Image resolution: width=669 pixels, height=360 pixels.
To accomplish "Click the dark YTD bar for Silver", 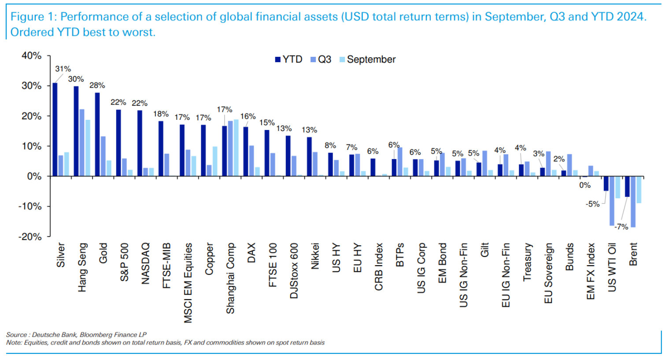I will pos(55,130).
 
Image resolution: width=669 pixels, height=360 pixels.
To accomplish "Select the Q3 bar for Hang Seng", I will pos(82,143).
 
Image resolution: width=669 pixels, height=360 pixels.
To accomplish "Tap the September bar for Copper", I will pos(215,161).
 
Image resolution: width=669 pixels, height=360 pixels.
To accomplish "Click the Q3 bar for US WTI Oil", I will pos(612,201).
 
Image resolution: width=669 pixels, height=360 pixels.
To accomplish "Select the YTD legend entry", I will pos(288,59).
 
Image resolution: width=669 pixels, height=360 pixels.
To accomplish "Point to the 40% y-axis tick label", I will pos(31,56).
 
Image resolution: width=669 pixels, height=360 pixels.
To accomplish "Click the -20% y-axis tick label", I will pos(30,237).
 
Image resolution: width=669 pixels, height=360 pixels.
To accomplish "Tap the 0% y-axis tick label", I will pos(34,176).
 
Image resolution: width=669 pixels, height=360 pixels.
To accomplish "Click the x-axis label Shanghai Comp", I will pos(230,278).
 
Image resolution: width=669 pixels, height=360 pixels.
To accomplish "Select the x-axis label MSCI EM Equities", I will pos(188,283).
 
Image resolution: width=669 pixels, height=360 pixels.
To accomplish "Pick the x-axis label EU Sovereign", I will pos(548,273).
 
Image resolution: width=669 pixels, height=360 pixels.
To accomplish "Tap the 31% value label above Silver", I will pos(63,69).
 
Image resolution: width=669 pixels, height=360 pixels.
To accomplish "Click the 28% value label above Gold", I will pos(97,85).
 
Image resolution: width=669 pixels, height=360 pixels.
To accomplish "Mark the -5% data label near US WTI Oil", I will pos(592,204).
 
